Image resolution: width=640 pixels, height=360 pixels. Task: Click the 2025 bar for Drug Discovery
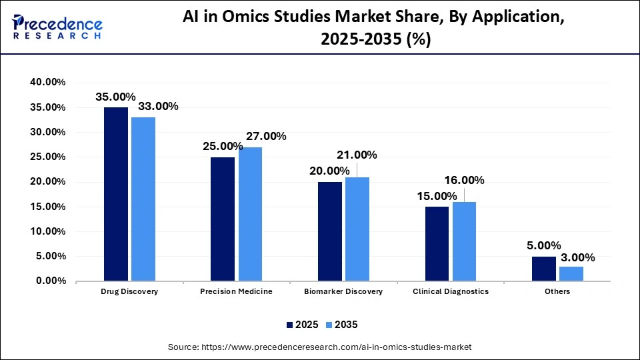115,194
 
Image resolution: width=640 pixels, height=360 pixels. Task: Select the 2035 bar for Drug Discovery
143,199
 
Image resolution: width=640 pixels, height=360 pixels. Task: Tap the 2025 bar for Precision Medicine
223,219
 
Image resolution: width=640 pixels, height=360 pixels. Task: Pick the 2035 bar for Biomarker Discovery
357,229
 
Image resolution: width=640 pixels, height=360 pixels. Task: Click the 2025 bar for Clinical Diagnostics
437,243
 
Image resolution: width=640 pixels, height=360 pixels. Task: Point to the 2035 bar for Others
571,273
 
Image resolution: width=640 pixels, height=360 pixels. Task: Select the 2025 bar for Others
543,269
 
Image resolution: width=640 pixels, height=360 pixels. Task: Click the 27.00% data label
266,137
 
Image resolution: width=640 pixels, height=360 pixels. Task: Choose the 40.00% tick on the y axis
47,82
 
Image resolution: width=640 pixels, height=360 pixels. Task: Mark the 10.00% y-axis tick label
47,231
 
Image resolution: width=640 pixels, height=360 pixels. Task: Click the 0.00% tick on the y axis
50,281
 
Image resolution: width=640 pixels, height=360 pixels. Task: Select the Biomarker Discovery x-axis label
343,291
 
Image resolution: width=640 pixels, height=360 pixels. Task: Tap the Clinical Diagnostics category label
451,291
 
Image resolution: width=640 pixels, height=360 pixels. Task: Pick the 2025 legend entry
301,325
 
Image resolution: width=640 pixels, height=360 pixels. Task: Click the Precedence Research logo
57,27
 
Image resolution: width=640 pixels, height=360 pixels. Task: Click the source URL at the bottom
319,347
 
